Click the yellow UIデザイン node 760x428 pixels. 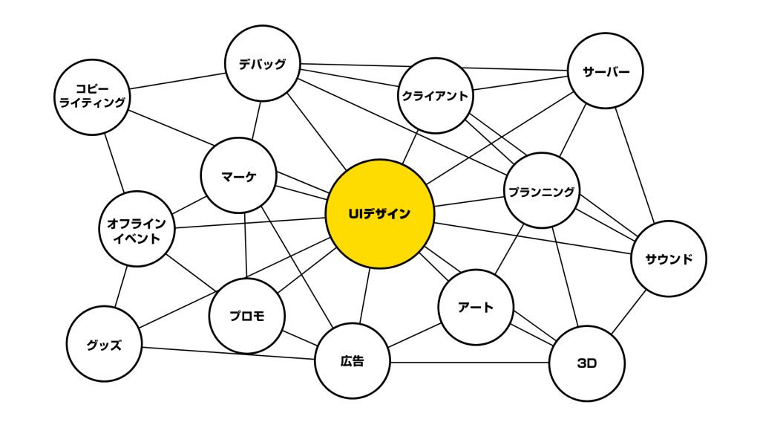tap(379, 214)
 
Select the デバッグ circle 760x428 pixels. tap(263, 63)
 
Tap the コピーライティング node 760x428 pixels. tap(92, 97)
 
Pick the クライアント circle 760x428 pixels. tap(435, 96)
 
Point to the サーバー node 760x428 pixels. tap(606, 71)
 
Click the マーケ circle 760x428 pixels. tap(238, 175)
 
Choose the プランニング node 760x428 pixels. tap(541, 191)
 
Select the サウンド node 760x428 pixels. tap(668, 259)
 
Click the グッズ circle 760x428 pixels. tap(104, 344)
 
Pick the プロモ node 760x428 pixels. tap(247, 316)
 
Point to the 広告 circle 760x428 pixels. tap(353, 362)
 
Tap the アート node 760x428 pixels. tap(476, 307)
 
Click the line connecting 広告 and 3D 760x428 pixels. tap(469, 363)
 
